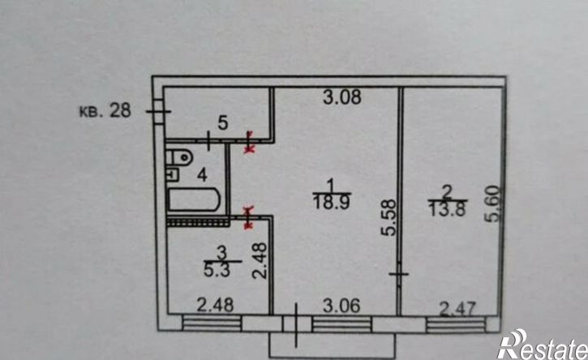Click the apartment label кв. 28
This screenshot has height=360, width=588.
105,110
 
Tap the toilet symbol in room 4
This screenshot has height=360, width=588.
179,157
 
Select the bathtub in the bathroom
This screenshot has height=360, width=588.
194,200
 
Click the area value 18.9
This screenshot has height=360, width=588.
332,203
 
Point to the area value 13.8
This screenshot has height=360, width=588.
448,209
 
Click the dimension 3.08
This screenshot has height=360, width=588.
342,96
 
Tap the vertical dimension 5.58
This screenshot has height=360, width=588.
388,217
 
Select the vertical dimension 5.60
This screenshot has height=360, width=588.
493,204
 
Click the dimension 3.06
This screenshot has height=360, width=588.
341,306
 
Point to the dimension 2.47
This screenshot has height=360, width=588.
457,310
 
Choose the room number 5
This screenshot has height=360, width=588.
223,122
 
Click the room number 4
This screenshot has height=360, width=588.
203,175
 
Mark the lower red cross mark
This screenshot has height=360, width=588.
249,217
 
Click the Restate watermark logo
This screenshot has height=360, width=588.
543,345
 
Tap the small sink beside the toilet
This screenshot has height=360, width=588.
172,174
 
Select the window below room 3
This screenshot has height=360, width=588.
212,324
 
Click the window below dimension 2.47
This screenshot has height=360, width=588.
457,324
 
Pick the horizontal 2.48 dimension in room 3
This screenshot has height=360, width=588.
215,305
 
